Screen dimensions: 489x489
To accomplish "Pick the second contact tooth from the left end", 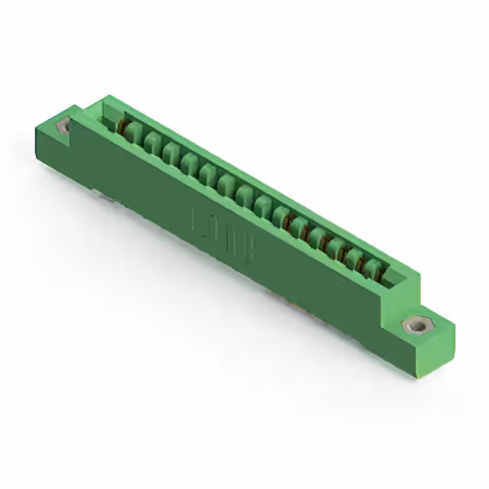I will [152, 145].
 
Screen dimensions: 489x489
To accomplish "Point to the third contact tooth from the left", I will [170, 155].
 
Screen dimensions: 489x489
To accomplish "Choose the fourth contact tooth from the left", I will [189, 165].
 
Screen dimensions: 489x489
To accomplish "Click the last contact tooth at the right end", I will [373, 267].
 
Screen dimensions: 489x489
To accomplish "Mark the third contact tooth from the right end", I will [337, 248].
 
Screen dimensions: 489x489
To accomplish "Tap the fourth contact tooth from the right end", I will [319, 238].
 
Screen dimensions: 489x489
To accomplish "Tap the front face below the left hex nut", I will [53, 153].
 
